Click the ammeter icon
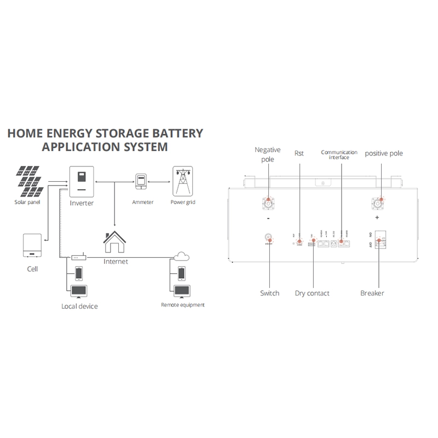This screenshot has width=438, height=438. click(142, 182)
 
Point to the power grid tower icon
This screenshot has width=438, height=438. click(182, 181)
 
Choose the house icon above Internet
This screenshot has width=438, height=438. click(115, 243)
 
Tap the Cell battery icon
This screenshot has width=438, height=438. click(32, 245)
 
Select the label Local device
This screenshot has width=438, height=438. click(79, 306)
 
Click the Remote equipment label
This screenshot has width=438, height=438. click(183, 304)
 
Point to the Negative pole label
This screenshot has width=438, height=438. click(268, 154)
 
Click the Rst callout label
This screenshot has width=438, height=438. click(299, 153)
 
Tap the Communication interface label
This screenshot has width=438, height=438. click(339, 154)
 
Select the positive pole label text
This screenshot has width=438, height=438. click(384, 153)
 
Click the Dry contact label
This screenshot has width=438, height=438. click(312, 293)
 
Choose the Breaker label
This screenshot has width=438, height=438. click(372, 293)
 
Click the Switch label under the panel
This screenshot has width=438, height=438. click(269, 293)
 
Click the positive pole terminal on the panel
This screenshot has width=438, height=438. click(378, 203)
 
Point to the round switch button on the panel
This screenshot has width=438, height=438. click(269, 238)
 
